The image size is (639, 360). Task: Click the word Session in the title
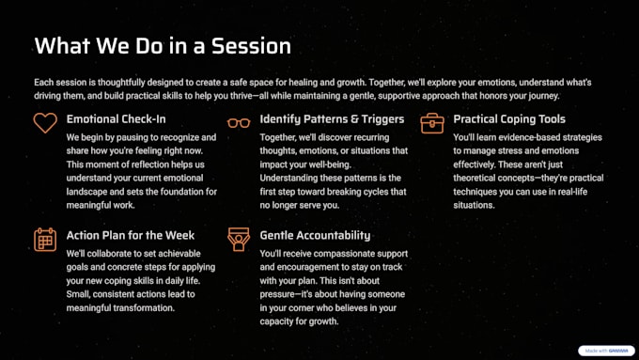click(251, 46)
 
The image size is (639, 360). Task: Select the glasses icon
click(239, 123)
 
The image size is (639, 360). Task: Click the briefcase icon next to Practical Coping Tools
click(432, 123)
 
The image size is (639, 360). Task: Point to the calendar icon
click(45, 240)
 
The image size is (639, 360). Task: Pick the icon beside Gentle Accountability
click(239, 240)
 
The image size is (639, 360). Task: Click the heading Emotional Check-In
click(117, 119)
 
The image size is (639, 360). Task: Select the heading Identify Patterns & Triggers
click(332, 119)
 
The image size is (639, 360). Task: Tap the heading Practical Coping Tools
click(509, 119)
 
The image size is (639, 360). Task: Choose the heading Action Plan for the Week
click(131, 235)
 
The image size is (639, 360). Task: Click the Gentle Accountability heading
click(315, 235)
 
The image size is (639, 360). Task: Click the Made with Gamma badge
click(606, 351)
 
